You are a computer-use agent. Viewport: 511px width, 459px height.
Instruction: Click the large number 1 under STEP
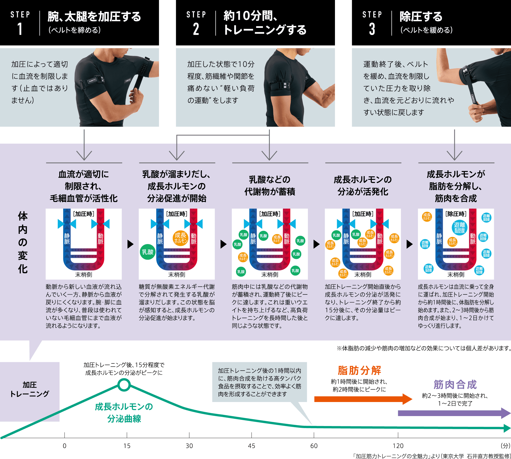[x=20, y=29]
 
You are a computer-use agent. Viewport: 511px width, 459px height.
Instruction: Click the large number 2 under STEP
[x=196, y=29]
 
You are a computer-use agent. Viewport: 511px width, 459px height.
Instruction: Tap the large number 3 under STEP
[x=372, y=29]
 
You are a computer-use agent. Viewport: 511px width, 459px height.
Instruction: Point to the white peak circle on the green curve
[x=124, y=385]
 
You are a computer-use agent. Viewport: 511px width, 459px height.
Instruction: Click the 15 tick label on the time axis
[x=127, y=446]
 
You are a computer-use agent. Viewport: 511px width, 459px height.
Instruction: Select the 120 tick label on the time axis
[x=398, y=446]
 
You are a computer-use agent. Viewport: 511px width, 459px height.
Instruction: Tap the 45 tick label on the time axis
[x=251, y=446]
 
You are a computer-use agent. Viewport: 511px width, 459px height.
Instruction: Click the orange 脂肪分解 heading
[x=359, y=370]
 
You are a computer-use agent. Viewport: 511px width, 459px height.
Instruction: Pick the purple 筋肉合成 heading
[x=455, y=384]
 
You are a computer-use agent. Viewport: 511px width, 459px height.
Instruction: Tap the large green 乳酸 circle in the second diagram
[x=148, y=252]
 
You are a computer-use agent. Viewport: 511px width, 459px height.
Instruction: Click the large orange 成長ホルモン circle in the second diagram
[x=180, y=238]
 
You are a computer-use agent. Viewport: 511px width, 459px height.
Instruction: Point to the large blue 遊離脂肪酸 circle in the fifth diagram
[x=459, y=227]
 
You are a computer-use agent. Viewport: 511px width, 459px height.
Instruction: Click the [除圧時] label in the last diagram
[x=456, y=214]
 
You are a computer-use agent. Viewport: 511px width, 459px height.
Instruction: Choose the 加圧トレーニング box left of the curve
[x=30, y=389]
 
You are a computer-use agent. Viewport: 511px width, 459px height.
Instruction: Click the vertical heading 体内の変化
[x=23, y=242]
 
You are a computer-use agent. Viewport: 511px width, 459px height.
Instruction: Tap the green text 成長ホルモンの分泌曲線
[x=124, y=412]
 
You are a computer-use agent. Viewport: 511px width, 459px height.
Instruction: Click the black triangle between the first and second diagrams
[x=130, y=244]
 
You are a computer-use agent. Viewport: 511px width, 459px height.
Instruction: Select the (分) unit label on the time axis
[x=505, y=446]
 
